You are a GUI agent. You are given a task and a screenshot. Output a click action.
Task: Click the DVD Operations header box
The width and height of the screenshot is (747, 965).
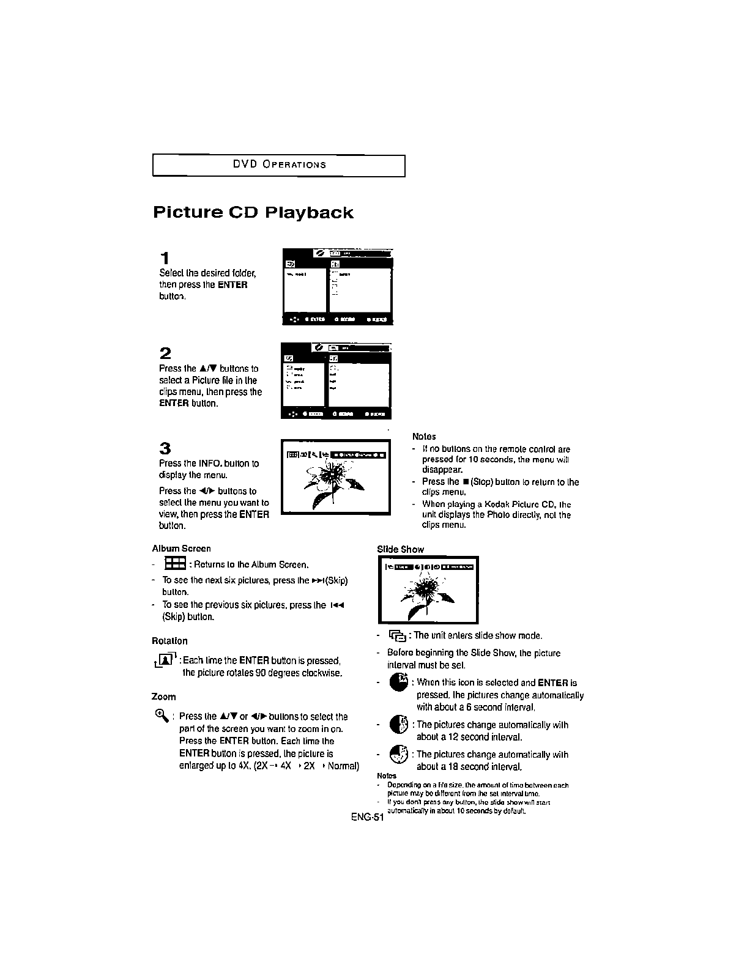[x=278, y=165]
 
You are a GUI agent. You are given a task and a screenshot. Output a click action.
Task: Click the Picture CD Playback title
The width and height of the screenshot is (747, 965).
[x=253, y=213]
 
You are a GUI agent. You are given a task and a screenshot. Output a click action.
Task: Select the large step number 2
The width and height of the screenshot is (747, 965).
[x=165, y=353]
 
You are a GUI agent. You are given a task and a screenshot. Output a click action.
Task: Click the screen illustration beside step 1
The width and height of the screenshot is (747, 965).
[x=337, y=287]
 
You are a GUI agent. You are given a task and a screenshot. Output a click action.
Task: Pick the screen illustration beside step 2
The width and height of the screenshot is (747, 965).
[x=335, y=382]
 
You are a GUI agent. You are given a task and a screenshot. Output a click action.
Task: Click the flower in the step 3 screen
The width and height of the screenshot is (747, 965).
[x=333, y=480]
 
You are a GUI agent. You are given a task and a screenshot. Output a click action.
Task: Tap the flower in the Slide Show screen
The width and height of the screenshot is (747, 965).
[x=423, y=592]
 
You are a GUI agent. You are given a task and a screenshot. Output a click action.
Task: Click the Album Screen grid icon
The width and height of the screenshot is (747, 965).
[x=175, y=564]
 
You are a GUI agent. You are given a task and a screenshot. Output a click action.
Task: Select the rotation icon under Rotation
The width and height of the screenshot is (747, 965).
[x=165, y=660]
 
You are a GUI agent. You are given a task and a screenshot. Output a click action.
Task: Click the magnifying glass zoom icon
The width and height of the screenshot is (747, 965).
[x=161, y=714]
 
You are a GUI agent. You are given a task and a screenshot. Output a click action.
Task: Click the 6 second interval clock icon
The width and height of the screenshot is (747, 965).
[x=399, y=682]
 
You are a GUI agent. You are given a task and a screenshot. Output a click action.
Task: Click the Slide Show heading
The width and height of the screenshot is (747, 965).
[x=400, y=549]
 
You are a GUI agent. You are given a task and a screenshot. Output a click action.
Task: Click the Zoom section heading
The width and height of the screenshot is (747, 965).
[x=163, y=697]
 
